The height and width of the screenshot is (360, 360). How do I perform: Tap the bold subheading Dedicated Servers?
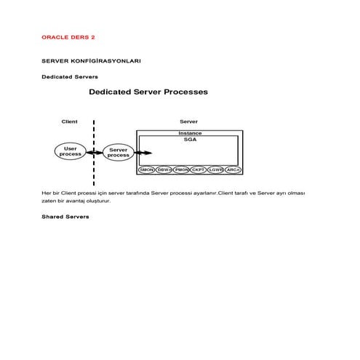tap(70, 76)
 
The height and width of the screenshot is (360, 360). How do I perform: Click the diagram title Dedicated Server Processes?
tap(148, 92)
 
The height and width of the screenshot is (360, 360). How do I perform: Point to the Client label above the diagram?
tap(69, 121)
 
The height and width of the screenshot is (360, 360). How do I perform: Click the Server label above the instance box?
tap(188, 121)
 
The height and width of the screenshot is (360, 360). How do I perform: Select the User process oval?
tap(71, 151)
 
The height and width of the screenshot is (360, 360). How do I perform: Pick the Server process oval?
tap(118, 153)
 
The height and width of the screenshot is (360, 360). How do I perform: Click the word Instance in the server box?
tap(190, 133)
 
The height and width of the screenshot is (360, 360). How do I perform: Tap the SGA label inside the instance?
tap(190, 140)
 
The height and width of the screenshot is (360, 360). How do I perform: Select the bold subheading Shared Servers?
tap(65, 216)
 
